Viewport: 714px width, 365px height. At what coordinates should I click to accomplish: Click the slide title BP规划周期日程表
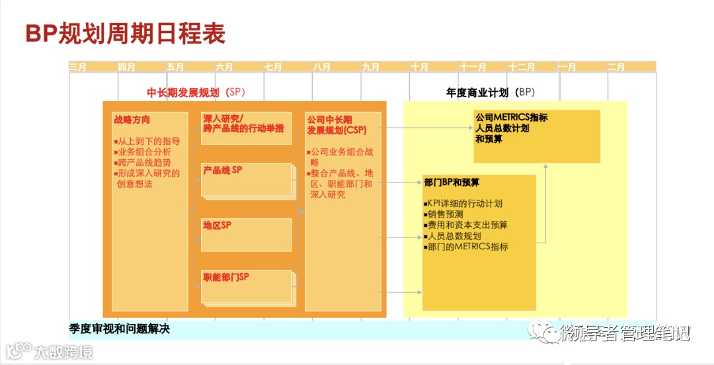click(125, 34)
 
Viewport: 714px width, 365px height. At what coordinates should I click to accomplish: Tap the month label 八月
click(322, 67)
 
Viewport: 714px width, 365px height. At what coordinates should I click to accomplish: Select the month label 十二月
click(522, 67)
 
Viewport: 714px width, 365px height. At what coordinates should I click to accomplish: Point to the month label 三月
click(78, 67)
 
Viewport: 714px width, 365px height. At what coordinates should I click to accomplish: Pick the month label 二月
click(615, 67)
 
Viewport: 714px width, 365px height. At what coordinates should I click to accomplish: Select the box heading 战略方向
click(132, 120)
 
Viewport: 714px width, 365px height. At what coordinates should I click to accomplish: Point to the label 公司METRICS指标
click(511, 118)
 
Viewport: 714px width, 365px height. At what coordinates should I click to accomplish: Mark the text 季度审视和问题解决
click(119, 329)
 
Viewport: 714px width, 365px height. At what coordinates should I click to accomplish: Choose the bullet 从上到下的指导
click(147, 142)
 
